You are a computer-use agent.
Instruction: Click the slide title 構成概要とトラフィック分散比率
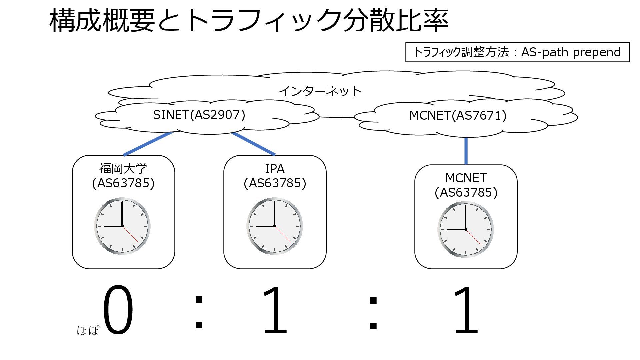tap(249, 21)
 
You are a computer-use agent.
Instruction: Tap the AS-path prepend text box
tap(517, 52)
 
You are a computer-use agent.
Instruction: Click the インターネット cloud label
tap(320, 91)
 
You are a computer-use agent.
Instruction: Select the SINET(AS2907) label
tap(199, 115)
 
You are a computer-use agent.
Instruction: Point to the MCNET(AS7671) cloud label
tap(458, 115)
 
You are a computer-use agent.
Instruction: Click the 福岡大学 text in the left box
tap(123, 169)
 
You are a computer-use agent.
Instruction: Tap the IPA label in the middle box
tap(275, 169)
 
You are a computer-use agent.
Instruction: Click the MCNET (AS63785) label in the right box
tap(466, 185)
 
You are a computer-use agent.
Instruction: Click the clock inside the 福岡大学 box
tap(122, 226)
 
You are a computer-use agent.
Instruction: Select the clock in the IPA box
tap(274, 226)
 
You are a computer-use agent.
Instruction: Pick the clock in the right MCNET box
tap(465, 229)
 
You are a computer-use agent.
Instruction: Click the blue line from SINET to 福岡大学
tap(148, 144)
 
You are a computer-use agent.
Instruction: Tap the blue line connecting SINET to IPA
tap(253, 144)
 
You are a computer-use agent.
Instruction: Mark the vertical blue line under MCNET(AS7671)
tap(466, 151)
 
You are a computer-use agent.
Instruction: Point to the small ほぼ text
tap(88, 330)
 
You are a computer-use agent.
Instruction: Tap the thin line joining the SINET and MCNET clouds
tap(337, 117)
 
